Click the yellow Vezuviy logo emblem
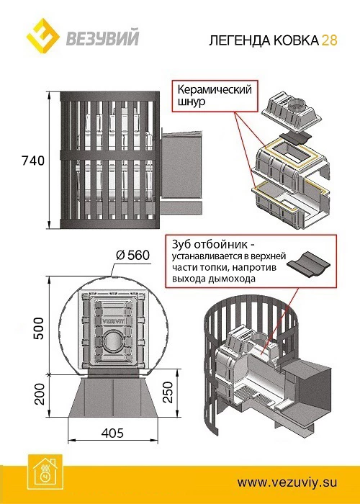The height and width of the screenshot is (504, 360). (x=42, y=35)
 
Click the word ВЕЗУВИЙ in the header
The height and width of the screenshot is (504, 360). (x=102, y=38)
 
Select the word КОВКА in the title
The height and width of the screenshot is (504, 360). (x=295, y=40)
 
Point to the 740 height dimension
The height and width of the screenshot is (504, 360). (x=33, y=161)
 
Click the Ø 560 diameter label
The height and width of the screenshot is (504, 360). (x=132, y=256)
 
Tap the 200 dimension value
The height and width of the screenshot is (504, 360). (x=40, y=394)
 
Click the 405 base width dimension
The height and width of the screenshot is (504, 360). (x=112, y=433)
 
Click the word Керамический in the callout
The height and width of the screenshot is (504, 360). (x=215, y=90)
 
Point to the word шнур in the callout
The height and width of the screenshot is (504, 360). (x=192, y=102)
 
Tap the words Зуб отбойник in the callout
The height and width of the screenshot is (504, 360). (x=214, y=245)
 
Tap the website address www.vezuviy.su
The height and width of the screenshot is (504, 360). (x=287, y=482)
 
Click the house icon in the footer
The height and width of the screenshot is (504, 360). (x=45, y=474)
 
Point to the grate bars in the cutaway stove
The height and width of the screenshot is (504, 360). (x=249, y=393)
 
